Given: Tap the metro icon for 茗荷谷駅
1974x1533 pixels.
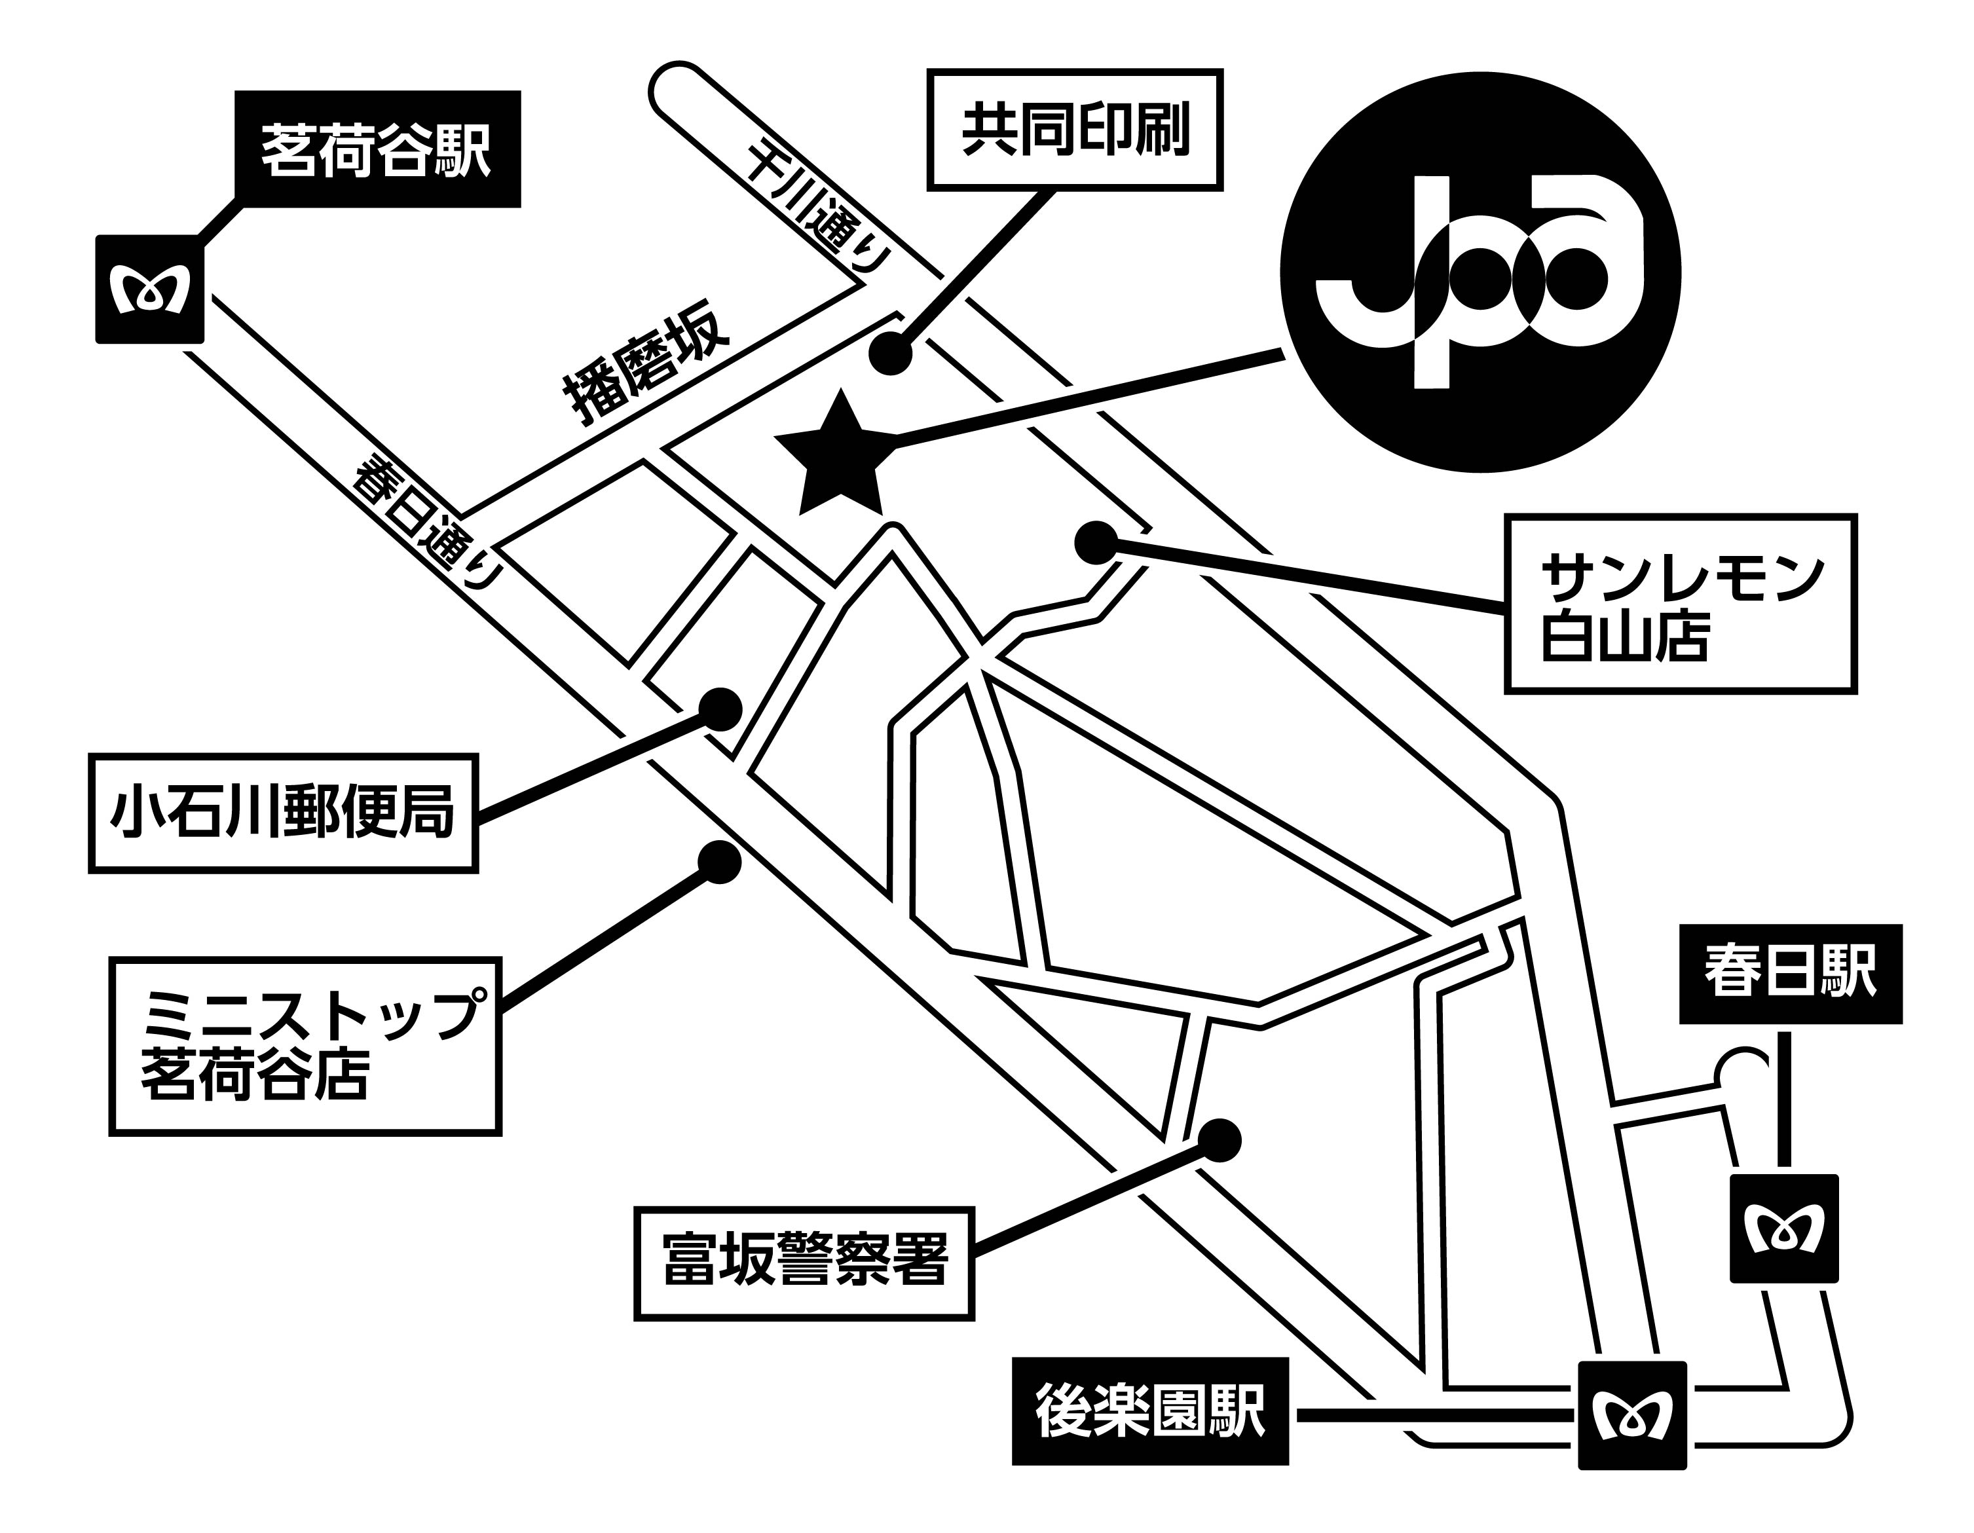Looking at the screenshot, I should pyautogui.click(x=149, y=289).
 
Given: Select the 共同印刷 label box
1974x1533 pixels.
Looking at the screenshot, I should pyautogui.click(x=1075, y=130).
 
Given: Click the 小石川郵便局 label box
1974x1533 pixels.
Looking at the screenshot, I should pyautogui.click(x=283, y=813).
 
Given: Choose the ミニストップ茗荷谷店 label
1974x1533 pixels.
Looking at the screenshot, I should pyautogui.click(x=305, y=1046).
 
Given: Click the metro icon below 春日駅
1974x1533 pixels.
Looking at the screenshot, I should pyautogui.click(x=1783, y=1228).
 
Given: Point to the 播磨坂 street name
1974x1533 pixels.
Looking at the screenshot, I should pyautogui.click(x=647, y=373).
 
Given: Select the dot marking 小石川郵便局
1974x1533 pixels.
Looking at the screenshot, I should pyautogui.click(x=721, y=710).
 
